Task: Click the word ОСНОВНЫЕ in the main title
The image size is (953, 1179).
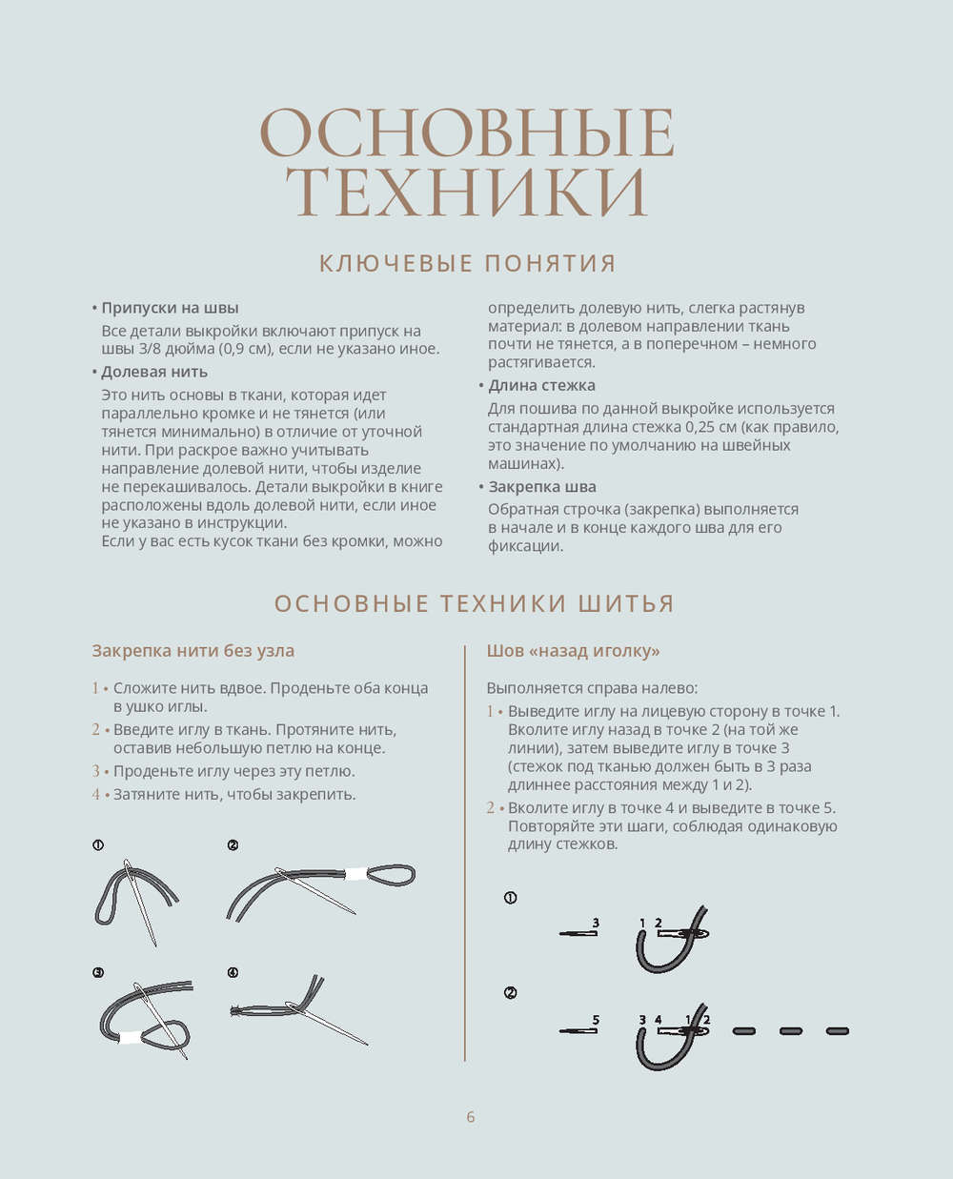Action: pos(467,132)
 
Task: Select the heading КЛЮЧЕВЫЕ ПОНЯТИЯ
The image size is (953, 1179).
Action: pos(467,263)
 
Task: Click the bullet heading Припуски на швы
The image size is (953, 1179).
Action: pos(170,308)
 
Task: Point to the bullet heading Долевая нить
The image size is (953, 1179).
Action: pos(154,372)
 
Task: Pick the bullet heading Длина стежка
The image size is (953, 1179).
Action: pos(541,385)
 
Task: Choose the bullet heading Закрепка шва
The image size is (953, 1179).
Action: pos(542,486)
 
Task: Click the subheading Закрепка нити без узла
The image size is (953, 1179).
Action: pos(193,651)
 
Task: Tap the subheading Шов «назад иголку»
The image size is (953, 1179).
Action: pos(573,651)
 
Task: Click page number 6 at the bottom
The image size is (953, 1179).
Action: pos(471,1117)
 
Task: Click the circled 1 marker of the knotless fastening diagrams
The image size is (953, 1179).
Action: pos(98,845)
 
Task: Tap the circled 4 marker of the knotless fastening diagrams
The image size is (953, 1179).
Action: pos(233,972)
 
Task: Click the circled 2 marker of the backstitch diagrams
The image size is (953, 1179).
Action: pos(511,993)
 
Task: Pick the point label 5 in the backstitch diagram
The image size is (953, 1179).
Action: pos(596,1020)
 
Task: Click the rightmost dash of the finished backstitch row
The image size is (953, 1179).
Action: pos(837,1030)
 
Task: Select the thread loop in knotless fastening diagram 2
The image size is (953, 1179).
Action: pos(391,874)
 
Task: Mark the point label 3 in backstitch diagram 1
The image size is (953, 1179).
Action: pos(596,923)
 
